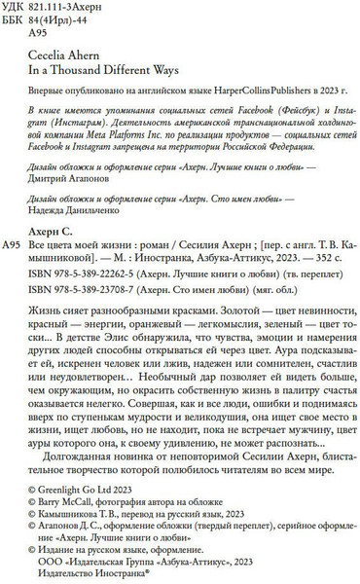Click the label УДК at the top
pos(18,8)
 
